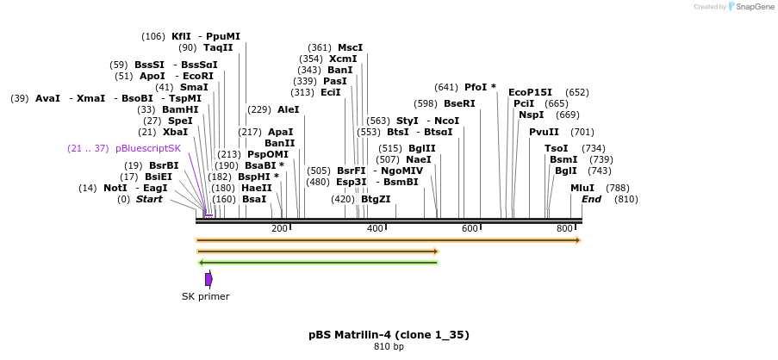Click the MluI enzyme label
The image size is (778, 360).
point(582,188)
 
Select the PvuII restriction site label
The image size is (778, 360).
point(544,132)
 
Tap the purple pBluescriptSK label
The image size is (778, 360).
point(148,148)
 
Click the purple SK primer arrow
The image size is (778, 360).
point(209,279)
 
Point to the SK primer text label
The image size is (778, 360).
point(205,297)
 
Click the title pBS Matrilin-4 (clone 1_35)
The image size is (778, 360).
point(389,334)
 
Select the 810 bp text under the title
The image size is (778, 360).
point(389,347)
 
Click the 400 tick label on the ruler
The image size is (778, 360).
point(375,228)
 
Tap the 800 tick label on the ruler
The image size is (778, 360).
point(564,228)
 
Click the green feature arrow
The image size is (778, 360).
point(318,263)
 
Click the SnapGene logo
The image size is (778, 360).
point(747,7)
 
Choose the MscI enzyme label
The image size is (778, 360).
point(350,47)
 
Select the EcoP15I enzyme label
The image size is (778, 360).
point(530,92)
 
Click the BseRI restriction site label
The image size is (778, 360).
point(459,103)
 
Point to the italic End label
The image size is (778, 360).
point(591,199)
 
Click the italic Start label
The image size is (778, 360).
point(149,199)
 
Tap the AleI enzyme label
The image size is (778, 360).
point(288,109)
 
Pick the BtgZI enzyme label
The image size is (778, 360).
point(376,199)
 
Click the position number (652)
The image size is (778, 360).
point(577,92)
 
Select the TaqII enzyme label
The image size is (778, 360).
point(218,47)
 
